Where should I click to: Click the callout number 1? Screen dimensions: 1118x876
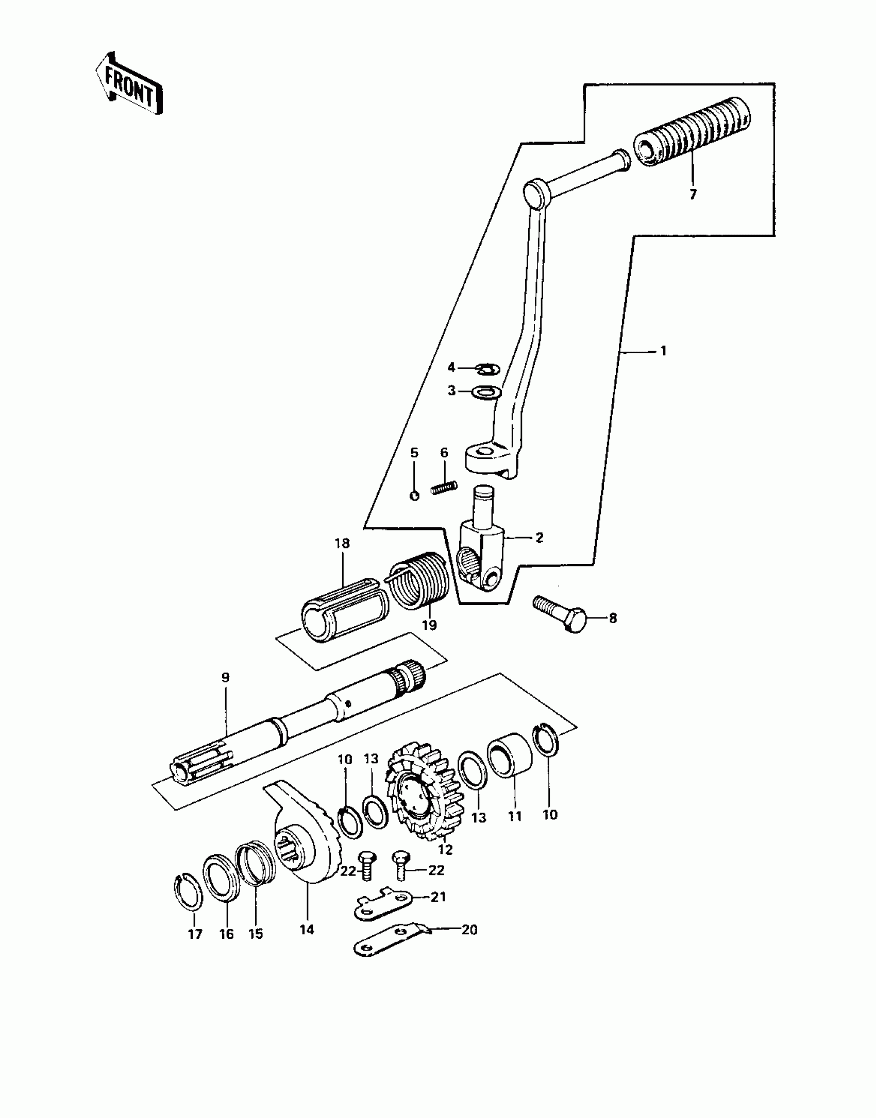[x=664, y=351]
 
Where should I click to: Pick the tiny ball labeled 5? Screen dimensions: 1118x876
[x=415, y=495]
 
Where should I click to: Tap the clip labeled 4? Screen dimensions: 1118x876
[x=486, y=369]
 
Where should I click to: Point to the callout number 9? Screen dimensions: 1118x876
[x=225, y=678]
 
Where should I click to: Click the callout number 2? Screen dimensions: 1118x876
[x=539, y=538]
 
